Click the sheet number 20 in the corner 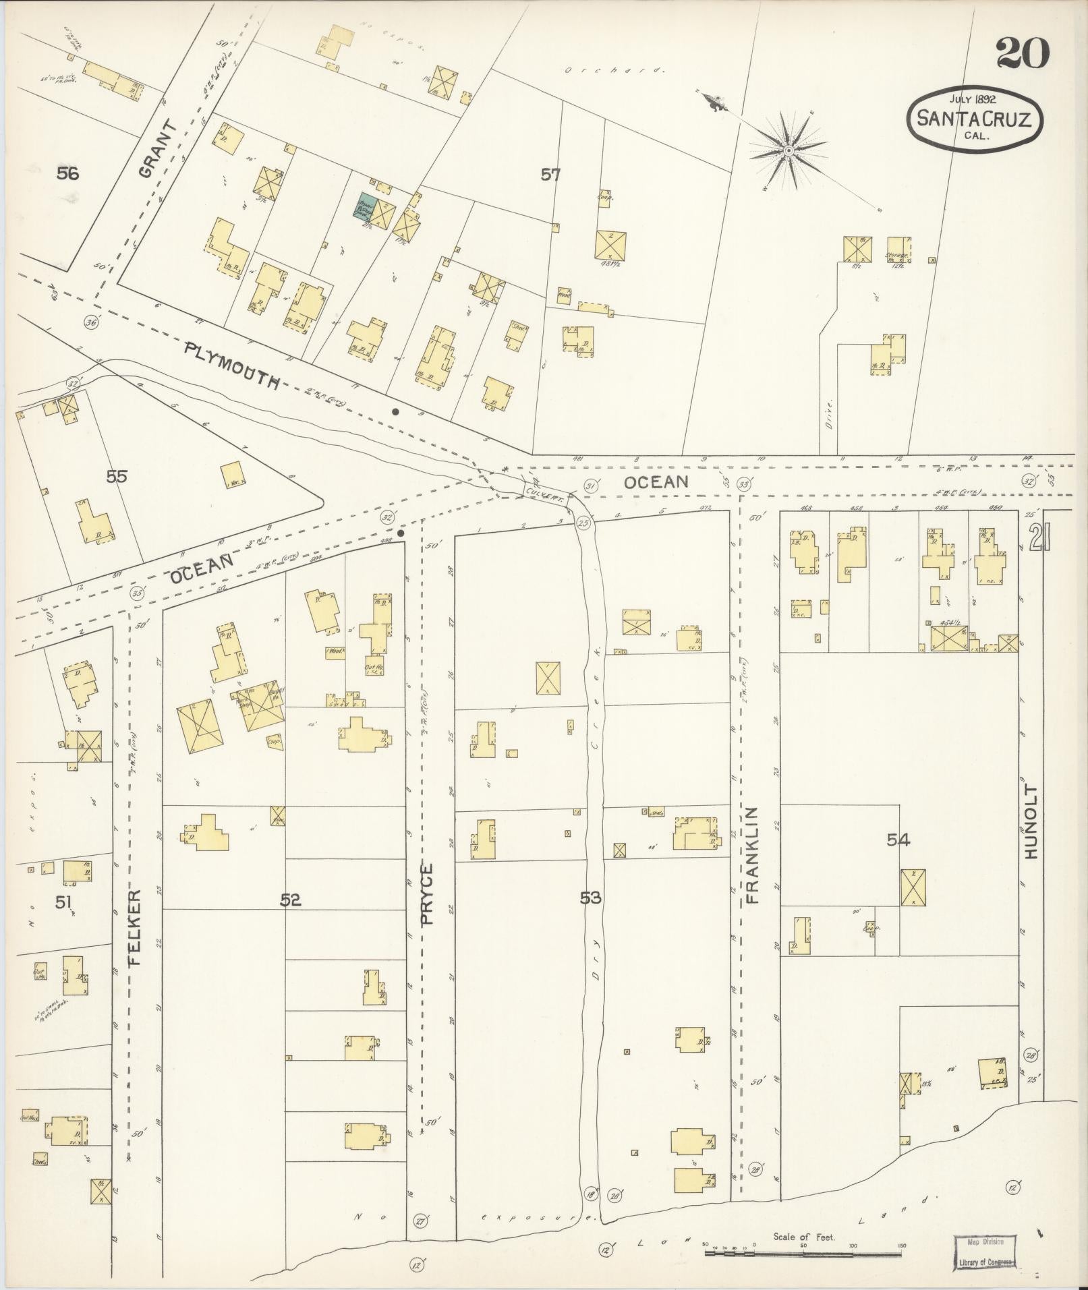pyautogui.click(x=1023, y=54)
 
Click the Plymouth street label pyautogui.click(x=232, y=365)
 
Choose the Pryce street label pyautogui.click(x=430, y=893)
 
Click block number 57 pyautogui.click(x=550, y=175)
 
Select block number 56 pyautogui.click(x=67, y=174)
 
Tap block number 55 pyautogui.click(x=116, y=477)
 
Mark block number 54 pyautogui.click(x=898, y=840)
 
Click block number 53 pyautogui.click(x=590, y=898)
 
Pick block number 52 pyautogui.click(x=291, y=900)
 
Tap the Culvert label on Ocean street pyautogui.click(x=543, y=493)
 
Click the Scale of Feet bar pyautogui.click(x=803, y=1254)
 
